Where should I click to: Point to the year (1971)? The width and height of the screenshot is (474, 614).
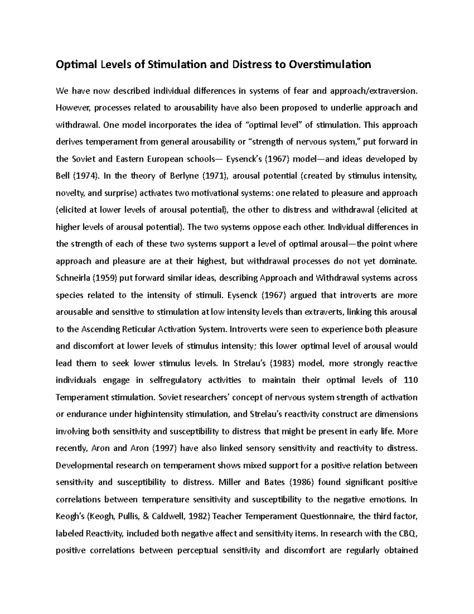(213, 176)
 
